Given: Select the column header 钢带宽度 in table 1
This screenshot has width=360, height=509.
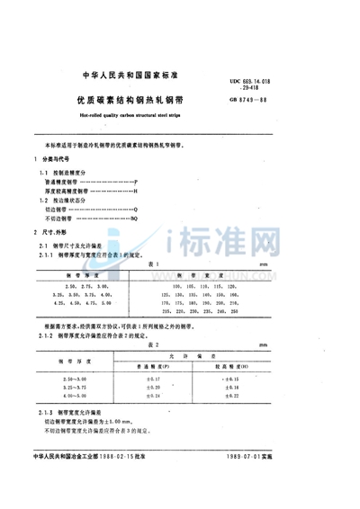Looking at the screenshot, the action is click(x=207, y=274).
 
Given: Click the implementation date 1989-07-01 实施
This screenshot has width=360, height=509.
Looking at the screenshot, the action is click(x=311, y=490).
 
